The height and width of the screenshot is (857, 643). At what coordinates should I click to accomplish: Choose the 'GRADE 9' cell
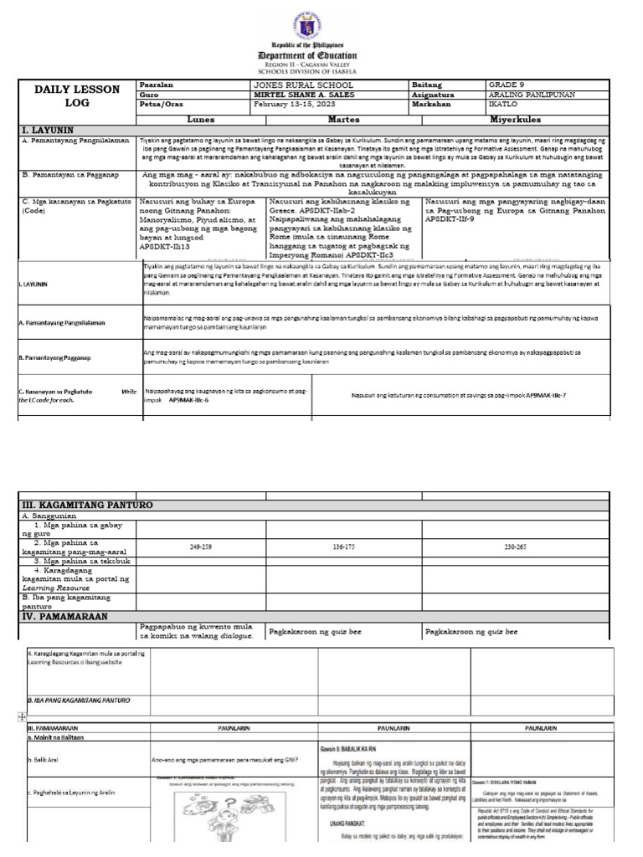(x=507, y=85)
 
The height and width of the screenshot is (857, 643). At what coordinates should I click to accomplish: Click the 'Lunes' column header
(x=201, y=120)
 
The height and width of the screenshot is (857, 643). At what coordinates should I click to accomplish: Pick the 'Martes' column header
(x=342, y=120)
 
